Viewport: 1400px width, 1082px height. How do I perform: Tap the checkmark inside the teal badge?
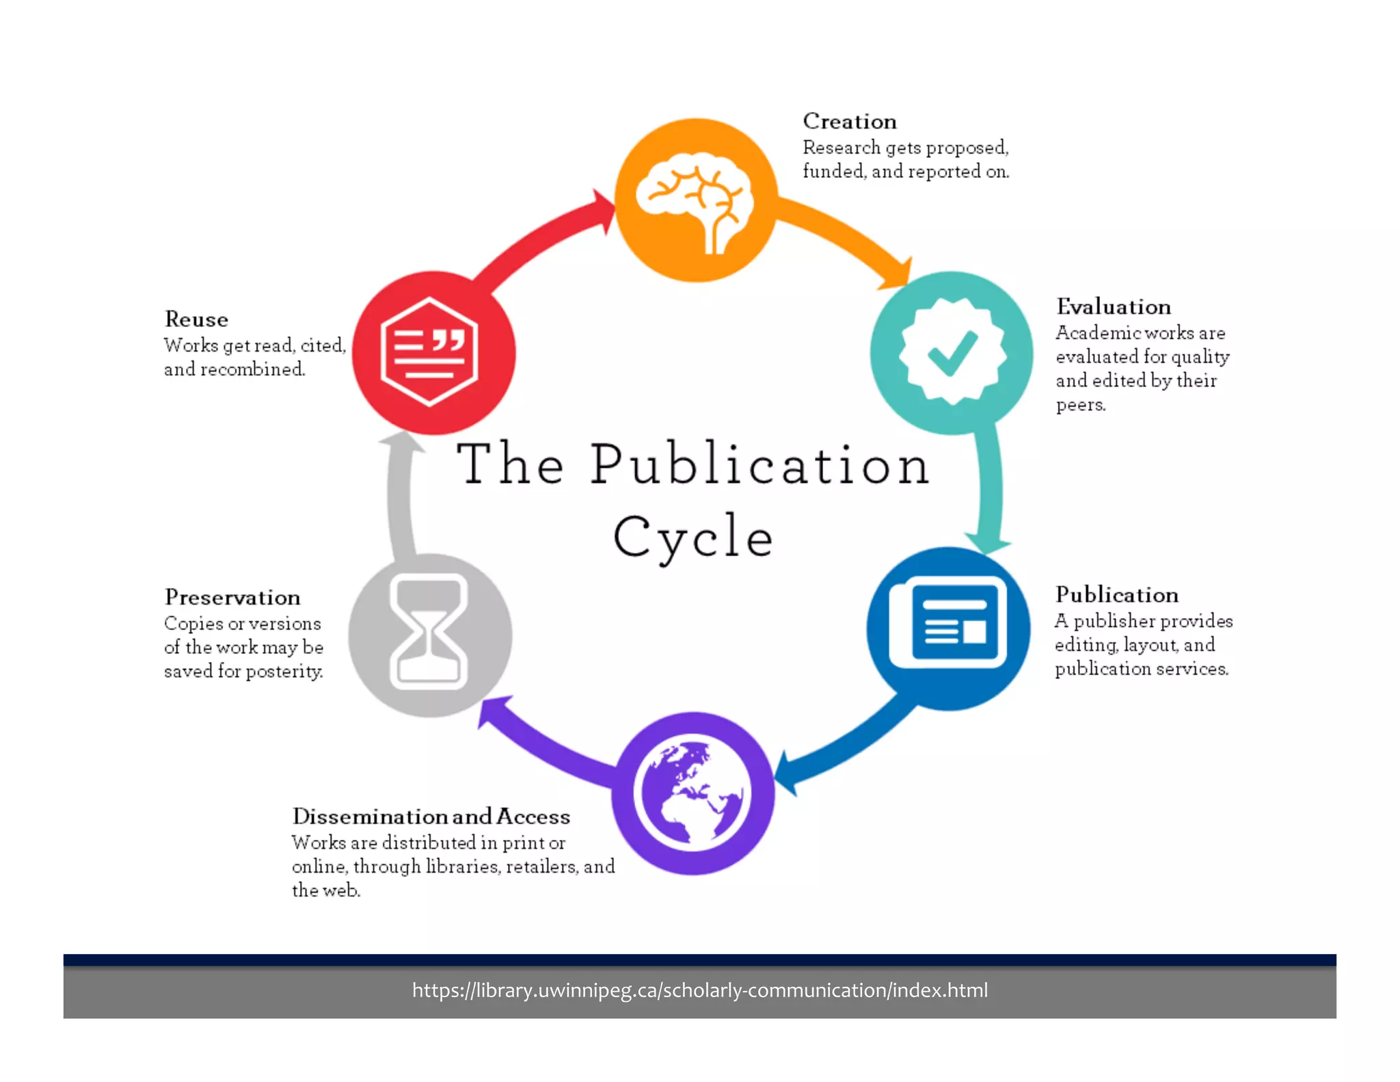pyautogui.click(x=952, y=353)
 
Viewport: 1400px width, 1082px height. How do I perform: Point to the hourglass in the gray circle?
pyautogui.click(x=429, y=632)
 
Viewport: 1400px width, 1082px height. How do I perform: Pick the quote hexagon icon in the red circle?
pyautogui.click(x=429, y=352)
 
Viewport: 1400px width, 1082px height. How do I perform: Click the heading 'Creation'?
pyautogui.click(x=850, y=121)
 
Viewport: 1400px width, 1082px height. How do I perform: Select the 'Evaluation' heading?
pyautogui.click(x=1113, y=306)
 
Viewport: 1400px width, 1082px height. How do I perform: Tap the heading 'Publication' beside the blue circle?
pyautogui.click(x=1116, y=594)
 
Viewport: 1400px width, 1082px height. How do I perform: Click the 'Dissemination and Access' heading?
pyautogui.click(x=431, y=816)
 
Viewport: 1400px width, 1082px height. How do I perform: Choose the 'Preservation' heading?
pyautogui.click(x=232, y=597)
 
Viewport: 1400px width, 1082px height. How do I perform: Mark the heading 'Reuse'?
pyautogui.click(x=196, y=319)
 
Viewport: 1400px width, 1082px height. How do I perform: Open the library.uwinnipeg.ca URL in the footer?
pyautogui.click(x=699, y=990)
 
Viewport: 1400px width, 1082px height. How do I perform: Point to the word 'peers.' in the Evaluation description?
pyautogui.click(x=1080, y=405)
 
